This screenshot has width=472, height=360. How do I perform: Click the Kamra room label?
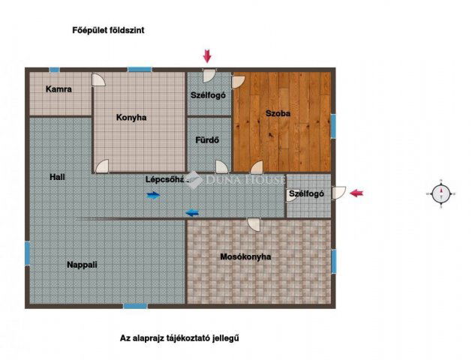(59, 89)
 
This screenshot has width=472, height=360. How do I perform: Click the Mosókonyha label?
(245, 257)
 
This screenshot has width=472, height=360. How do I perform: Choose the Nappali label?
(83, 265)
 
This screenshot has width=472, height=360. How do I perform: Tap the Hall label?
(58, 178)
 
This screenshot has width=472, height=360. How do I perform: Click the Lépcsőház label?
(165, 179)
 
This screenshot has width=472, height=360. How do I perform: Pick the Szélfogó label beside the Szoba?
(209, 95)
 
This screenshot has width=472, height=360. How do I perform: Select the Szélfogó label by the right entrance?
(306, 193)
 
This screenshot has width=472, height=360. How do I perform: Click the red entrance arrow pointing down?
(208, 55)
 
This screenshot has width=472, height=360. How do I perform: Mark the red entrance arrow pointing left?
(358, 193)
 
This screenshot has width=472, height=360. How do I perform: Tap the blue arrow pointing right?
(153, 195)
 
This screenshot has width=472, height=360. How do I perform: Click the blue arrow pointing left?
(192, 211)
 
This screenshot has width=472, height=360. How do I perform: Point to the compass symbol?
(442, 193)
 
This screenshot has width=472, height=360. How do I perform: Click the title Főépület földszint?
(108, 31)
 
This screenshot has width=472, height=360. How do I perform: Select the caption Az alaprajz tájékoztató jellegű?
(179, 338)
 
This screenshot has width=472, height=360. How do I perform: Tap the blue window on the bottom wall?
(135, 305)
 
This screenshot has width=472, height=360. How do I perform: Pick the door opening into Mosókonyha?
(254, 223)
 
